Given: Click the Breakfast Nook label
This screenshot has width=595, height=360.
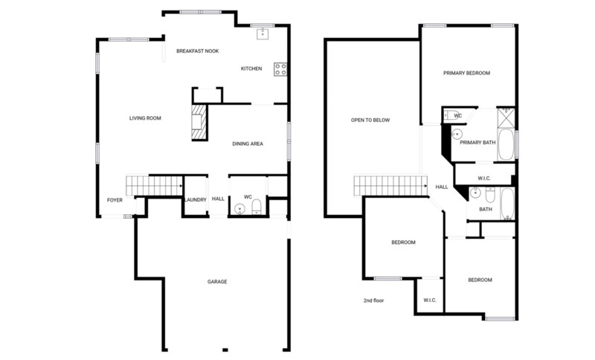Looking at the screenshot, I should [x=196, y=51].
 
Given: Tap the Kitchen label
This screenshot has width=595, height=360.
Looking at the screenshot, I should [x=251, y=69].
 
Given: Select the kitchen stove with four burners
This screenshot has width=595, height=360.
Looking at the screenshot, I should [x=280, y=69].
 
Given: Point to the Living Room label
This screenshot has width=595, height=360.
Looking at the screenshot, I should [x=145, y=118].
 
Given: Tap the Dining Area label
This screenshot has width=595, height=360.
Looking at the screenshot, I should [x=248, y=144].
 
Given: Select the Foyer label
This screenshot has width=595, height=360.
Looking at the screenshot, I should [x=115, y=200].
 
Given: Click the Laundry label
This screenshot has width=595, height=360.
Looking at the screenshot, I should [x=195, y=199].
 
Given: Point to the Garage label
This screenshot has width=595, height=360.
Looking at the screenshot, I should [x=217, y=282].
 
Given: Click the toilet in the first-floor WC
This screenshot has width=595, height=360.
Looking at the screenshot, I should [x=257, y=206].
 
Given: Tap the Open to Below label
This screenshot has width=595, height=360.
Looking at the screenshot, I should [x=370, y=120].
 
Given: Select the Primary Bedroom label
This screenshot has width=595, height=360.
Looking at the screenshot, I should [x=466, y=73].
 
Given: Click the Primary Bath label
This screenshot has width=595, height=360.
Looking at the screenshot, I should [x=477, y=142].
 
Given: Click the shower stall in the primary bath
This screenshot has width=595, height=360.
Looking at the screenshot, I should [x=506, y=118].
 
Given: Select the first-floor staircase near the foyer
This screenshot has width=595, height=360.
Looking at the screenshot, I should [x=155, y=184].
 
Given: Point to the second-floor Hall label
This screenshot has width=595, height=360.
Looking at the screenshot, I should [x=441, y=187].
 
